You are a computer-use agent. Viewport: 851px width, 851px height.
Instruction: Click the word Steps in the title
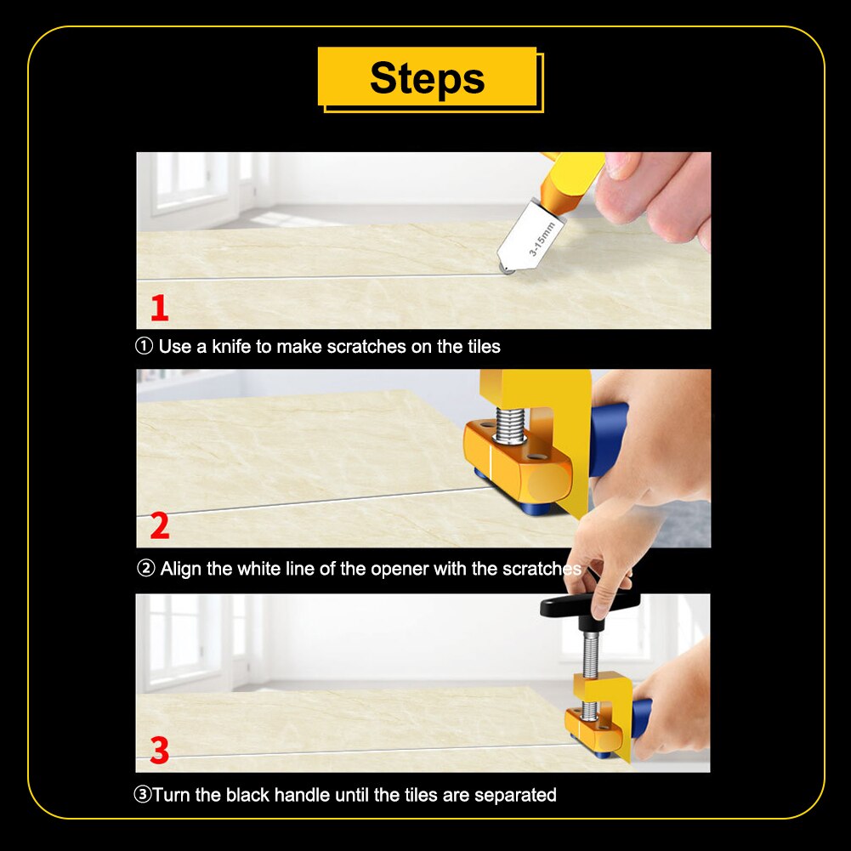point(427,78)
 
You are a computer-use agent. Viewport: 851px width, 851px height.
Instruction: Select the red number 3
point(159,750)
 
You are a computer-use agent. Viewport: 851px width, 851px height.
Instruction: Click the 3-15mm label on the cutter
point(541,239)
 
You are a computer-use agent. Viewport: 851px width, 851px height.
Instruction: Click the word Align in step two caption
point(182,569)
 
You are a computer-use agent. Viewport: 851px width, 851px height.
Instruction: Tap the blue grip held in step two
point(609,438)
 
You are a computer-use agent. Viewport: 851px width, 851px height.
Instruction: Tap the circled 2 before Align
point(145,569)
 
